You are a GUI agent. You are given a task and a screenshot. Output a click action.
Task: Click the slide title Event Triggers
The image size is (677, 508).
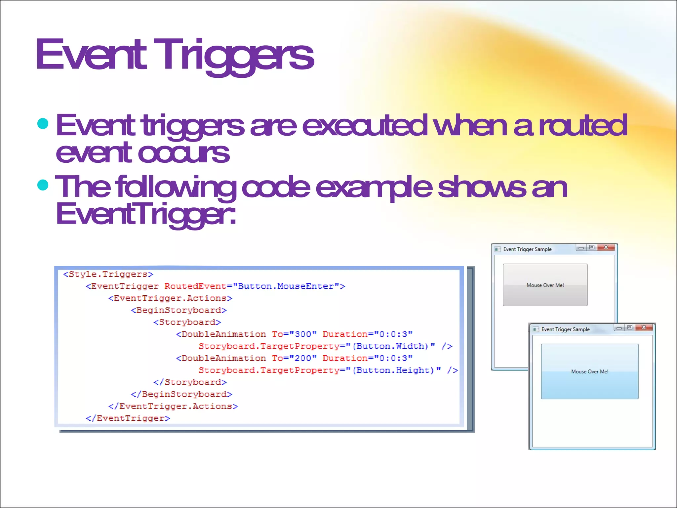click(175, 55)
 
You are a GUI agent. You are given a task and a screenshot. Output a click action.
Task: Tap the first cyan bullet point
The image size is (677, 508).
click(43, 124)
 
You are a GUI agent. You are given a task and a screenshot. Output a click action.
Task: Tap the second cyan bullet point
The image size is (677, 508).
click(43, 185)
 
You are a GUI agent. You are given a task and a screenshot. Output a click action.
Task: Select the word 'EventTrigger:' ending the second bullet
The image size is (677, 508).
click(146, 214)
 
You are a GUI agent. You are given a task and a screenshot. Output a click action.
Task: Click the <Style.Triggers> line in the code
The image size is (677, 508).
click(108, 274)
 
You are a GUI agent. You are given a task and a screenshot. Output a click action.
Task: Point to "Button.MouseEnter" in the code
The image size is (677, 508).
click(286, 286)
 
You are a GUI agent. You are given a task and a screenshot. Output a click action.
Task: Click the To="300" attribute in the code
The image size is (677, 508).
click(294, 334)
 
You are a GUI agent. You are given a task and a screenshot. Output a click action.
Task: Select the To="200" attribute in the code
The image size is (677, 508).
click(294, 358)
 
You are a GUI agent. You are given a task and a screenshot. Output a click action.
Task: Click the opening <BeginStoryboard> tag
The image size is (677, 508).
click(179, 310)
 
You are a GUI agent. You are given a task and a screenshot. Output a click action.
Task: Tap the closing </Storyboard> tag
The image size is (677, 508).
click(190, 382)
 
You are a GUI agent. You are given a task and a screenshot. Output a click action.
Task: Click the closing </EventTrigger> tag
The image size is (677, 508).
click(128, 418)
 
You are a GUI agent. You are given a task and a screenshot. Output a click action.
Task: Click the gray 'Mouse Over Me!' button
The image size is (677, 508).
click(545, 285)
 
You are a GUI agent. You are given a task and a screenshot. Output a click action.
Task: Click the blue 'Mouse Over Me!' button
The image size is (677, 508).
click(589, 371)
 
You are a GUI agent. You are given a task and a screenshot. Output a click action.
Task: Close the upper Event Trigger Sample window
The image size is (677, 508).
click(606, 247)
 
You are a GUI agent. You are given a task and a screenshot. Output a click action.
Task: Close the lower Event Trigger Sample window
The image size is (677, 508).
click(644, 327)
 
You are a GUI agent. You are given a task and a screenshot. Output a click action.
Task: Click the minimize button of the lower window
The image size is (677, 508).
click(619, 328)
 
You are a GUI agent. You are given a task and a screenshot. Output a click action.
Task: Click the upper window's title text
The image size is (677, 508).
click(527, 249)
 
